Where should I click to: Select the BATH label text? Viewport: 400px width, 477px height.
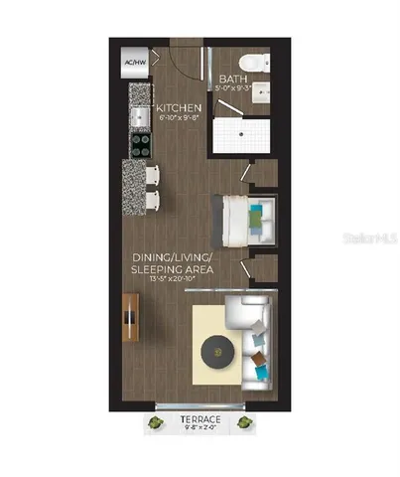(x=233, y=79)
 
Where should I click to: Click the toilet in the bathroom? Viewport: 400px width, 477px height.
(x=253, y=64)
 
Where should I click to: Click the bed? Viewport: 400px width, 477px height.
(x=250, y=219)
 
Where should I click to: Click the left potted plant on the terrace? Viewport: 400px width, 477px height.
(x=156, y=424)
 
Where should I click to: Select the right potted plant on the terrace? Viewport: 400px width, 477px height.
(x=243, y=424)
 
